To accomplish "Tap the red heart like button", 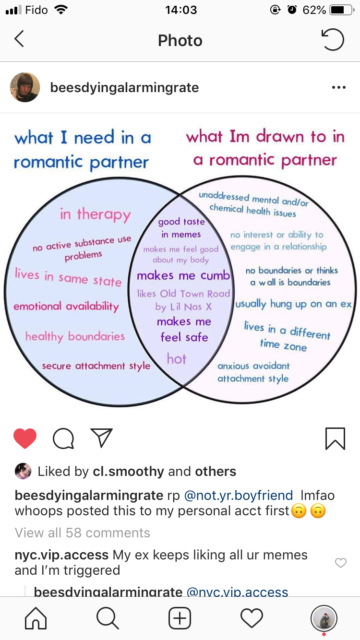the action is pyautogui.click(x=25, y=438).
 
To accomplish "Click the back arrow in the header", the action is pyautogui.click(x=19, y=39).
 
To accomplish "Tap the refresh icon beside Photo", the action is pyautogui.click(x=333, y=40).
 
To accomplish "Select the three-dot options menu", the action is pyautogui.click(x=338, y=88).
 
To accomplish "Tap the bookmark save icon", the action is pyautogui.click(x=335, y=439).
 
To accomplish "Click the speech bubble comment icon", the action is pyautogui.click(x=63, y=439).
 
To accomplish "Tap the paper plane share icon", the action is pyautogui.click(x=101, y=438).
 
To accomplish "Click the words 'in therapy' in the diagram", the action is pyautogui.click(x=95, y=214).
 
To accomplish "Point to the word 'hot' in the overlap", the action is pyautogui.click(x=177, y=358).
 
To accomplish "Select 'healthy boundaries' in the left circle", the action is pyautogui.click(x=75, y=336).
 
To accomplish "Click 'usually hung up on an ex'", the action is pyautogui.click(x=294, y=304).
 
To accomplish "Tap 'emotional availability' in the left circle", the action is pyautogui.click(x=66, y=307).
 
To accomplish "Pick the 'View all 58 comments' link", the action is pyautogui.click(x=83, y=533).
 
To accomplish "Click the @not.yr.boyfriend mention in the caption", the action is pyautogui.click(x=238, y=495).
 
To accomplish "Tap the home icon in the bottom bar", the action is pyautogui.click(x=36, y=618).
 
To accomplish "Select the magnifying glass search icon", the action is pyautogui.click(x=108, y=618).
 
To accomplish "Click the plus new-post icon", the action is pyautogui.click(x=180, y=618).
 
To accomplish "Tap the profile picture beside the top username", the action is pyautogui.click(x=25, y=87).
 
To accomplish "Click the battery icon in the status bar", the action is pyautogui.click(x=342, y=10).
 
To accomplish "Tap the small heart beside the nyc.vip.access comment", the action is pyautogui.click(x=340, y=563).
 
